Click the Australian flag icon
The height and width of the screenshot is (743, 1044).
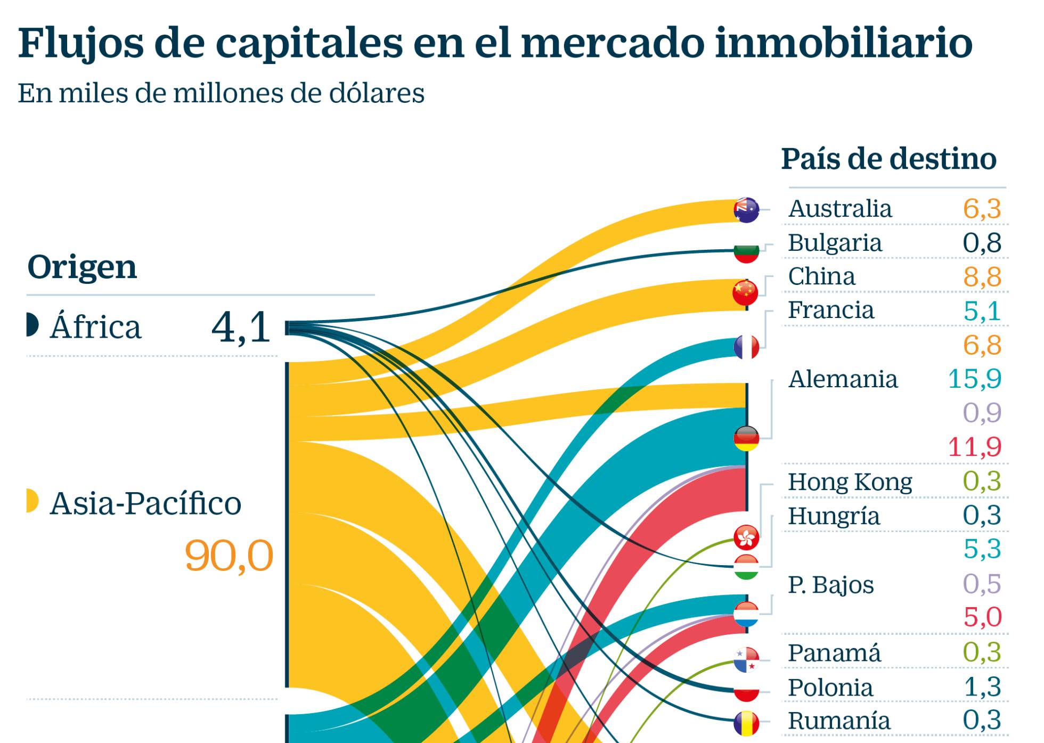[x=746, y=209]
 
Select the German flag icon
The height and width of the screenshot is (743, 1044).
[x=746, y=438]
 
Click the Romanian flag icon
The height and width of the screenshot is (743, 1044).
[x=746, y=723]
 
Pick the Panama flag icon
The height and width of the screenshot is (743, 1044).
[x=746, y=660]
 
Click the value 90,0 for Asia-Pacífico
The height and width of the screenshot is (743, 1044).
[x=229, y=556]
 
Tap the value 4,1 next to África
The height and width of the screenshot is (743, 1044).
[x=241, y=327]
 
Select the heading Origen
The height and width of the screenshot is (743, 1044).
[x=82, y=267]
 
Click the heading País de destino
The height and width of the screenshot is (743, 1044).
[x=888, y=159]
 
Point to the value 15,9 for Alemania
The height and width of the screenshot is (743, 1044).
[x=974, y=379]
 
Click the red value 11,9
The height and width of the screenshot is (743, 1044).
[x=974, y=446]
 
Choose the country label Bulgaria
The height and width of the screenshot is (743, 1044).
[x=835, y=243]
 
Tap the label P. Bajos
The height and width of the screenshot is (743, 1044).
[x=830, y=585]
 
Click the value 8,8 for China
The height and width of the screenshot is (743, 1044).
[x=982, y=277]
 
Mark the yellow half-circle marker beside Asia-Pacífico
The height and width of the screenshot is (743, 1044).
[x=32, y=501]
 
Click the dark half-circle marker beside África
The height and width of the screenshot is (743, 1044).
[x=32, y=325]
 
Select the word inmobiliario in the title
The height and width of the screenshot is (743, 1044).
[x=844, y=43]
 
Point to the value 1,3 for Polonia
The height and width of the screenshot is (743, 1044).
[x=982, y=687]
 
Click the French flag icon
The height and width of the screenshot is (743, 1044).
[x=746, y=347]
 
